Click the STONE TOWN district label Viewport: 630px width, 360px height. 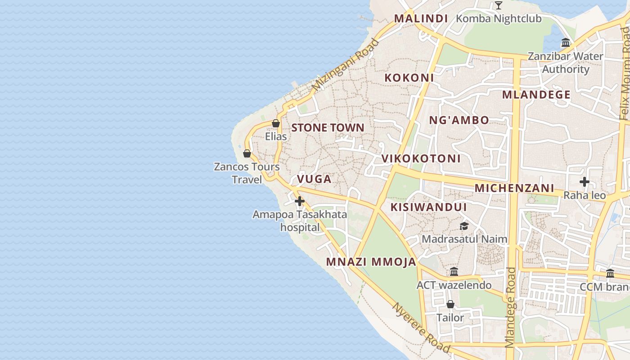(328, 128)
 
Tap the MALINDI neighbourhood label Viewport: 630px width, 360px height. (421, 18)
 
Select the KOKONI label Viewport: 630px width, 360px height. (409, 77)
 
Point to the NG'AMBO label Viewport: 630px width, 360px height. (459, 120)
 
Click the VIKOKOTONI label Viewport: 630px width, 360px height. (421, 158)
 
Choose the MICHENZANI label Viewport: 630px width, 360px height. (514, 188)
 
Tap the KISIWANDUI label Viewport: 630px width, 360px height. (428, 207)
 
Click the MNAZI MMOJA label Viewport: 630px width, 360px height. (371, 262)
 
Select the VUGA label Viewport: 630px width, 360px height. (314, 179)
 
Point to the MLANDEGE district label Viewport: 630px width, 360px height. (536, 95)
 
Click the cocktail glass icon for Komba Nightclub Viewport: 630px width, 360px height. (498, 5)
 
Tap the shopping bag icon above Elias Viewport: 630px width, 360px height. (276, 123)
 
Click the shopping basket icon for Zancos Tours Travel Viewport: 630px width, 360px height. (247, 153)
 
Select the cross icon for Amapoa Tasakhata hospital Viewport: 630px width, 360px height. (300, 201)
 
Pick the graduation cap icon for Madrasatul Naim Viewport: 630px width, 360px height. (464, 226)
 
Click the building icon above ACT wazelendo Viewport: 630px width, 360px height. (454, 272)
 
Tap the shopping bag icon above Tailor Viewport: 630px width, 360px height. (450, 304)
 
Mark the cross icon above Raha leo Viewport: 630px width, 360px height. (584, 182)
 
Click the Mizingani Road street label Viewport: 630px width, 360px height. (346, 64)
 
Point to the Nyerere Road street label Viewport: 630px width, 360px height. (421, 328)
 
